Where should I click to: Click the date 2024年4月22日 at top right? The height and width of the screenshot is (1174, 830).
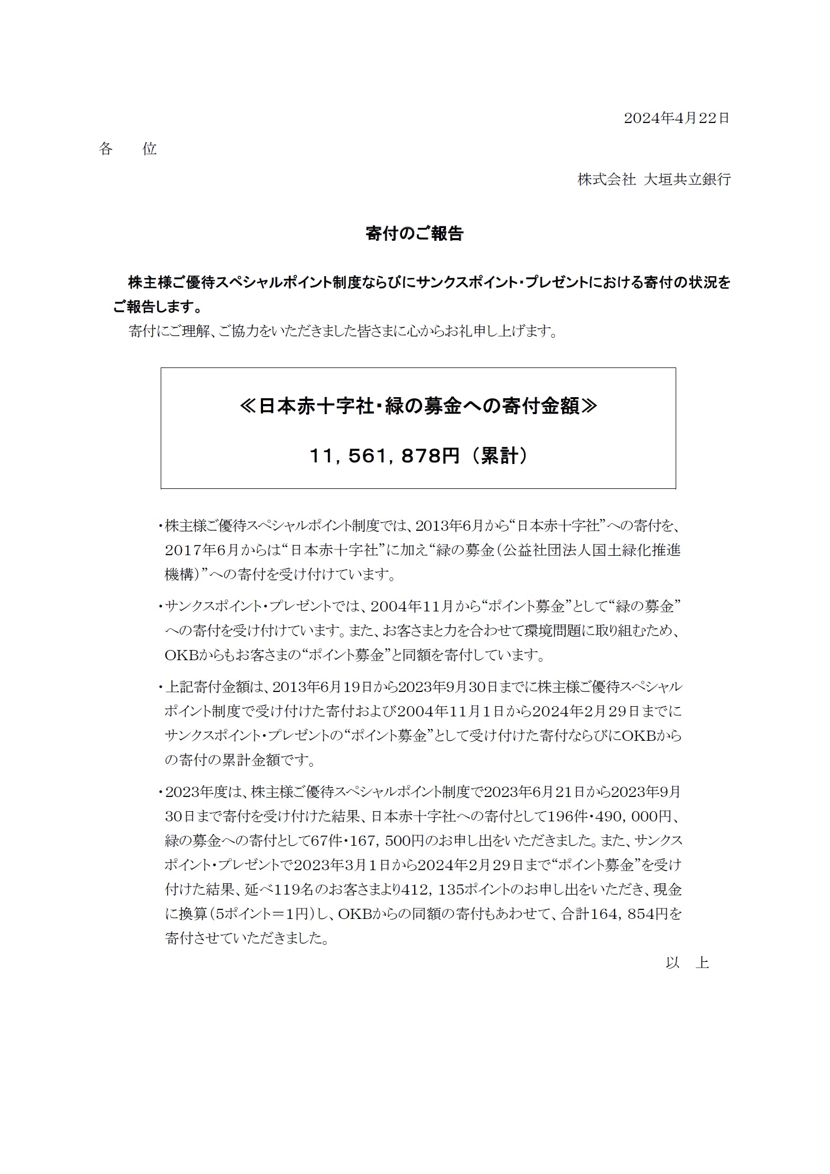[676, 118]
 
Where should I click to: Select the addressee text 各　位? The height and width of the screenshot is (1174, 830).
[128, 149]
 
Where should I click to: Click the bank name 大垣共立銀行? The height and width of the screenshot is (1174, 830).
[687, 179]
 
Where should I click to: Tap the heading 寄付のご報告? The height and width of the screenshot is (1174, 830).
[414, 233]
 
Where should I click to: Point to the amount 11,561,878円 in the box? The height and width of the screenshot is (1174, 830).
[385, 455]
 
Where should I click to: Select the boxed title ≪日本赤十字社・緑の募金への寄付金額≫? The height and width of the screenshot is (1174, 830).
[418, 407]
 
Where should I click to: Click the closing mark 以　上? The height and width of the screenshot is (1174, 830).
[687, 962]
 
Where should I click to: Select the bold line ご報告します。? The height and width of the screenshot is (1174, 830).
[158, 307]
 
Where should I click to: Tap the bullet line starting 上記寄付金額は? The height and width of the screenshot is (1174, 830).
[423, 687]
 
